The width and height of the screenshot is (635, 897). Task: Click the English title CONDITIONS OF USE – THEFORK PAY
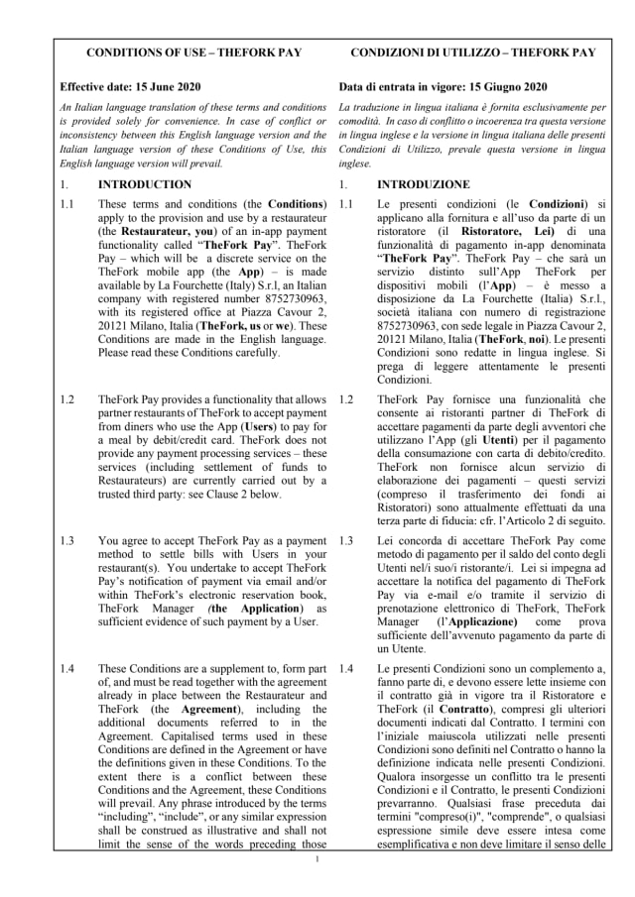[194, 52]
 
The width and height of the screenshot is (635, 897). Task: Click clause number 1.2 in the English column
[67, 399]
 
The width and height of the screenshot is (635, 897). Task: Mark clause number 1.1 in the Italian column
[346, 204]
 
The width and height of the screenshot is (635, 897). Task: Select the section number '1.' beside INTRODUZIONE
[342, 184]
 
